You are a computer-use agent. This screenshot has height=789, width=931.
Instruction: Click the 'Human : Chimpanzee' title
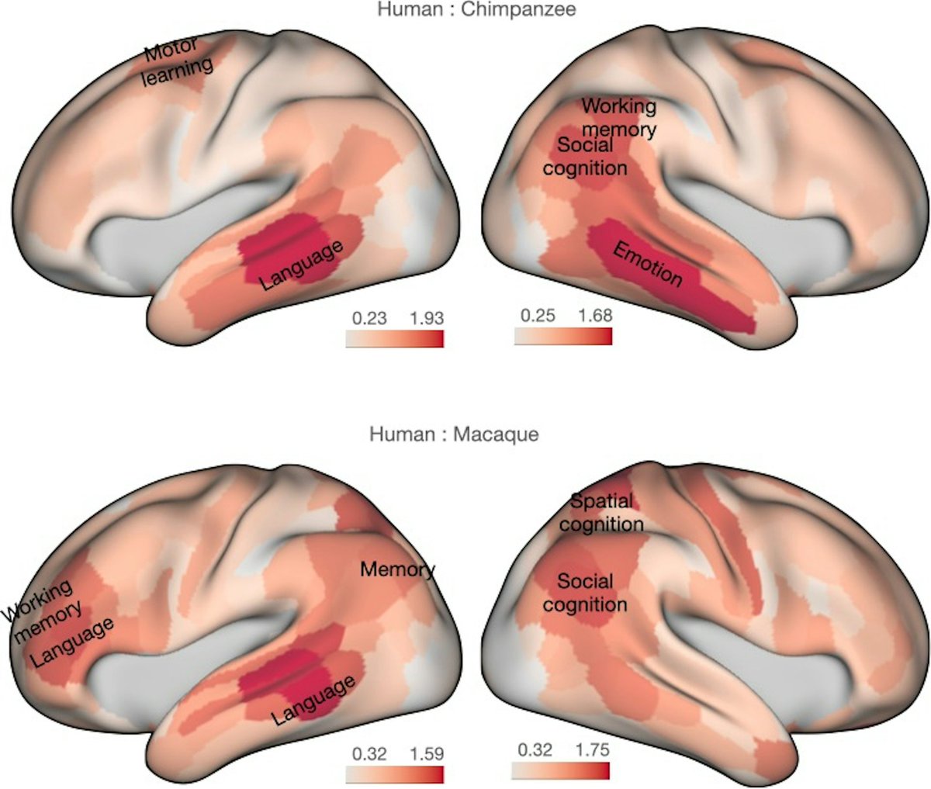465,10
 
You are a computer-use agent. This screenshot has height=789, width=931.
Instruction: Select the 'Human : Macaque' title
454,434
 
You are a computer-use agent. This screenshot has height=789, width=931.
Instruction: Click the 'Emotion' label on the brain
648,264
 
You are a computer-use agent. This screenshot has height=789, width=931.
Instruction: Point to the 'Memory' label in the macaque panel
397,570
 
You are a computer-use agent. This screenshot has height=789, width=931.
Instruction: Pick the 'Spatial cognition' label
602,513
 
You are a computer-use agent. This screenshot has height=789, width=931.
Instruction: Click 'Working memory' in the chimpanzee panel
619,117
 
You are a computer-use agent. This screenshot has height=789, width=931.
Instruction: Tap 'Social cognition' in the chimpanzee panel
585,156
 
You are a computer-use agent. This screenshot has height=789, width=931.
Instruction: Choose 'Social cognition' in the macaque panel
585,593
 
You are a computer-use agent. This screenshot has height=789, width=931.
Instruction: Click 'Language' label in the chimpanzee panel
302,266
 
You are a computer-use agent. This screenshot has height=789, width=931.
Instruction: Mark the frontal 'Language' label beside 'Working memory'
73,643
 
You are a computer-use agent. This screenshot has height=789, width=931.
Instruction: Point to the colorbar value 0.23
368,318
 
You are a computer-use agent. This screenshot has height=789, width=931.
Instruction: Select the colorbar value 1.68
594,315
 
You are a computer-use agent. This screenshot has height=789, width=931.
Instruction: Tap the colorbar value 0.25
536,315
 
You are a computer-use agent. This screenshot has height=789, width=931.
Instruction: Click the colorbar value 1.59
425,753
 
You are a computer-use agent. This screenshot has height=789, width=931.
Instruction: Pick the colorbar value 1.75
592,750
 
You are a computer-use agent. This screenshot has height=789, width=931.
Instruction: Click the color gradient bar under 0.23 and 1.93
395,338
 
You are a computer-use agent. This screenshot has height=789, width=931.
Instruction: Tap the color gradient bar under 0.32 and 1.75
561,770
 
